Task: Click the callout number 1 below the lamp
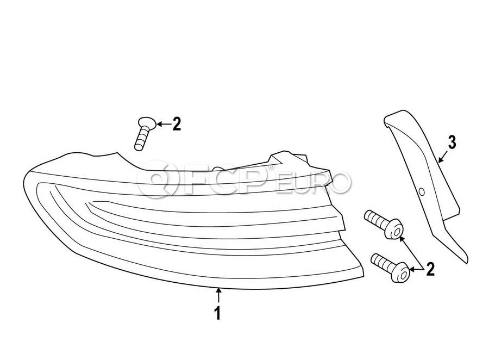click(x=218, y=313)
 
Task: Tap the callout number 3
click(x=452, y=142)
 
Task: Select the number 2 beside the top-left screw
click(x=177, y=124)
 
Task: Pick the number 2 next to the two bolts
click(x=430, y=269)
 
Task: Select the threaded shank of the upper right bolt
click(x=377, y=220)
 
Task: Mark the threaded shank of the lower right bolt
click(x=383, y=263)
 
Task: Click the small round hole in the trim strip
click(x=422, y=192)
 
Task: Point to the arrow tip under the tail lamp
click(x=218, y=289)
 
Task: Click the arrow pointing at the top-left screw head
click(x=164, y=125)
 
